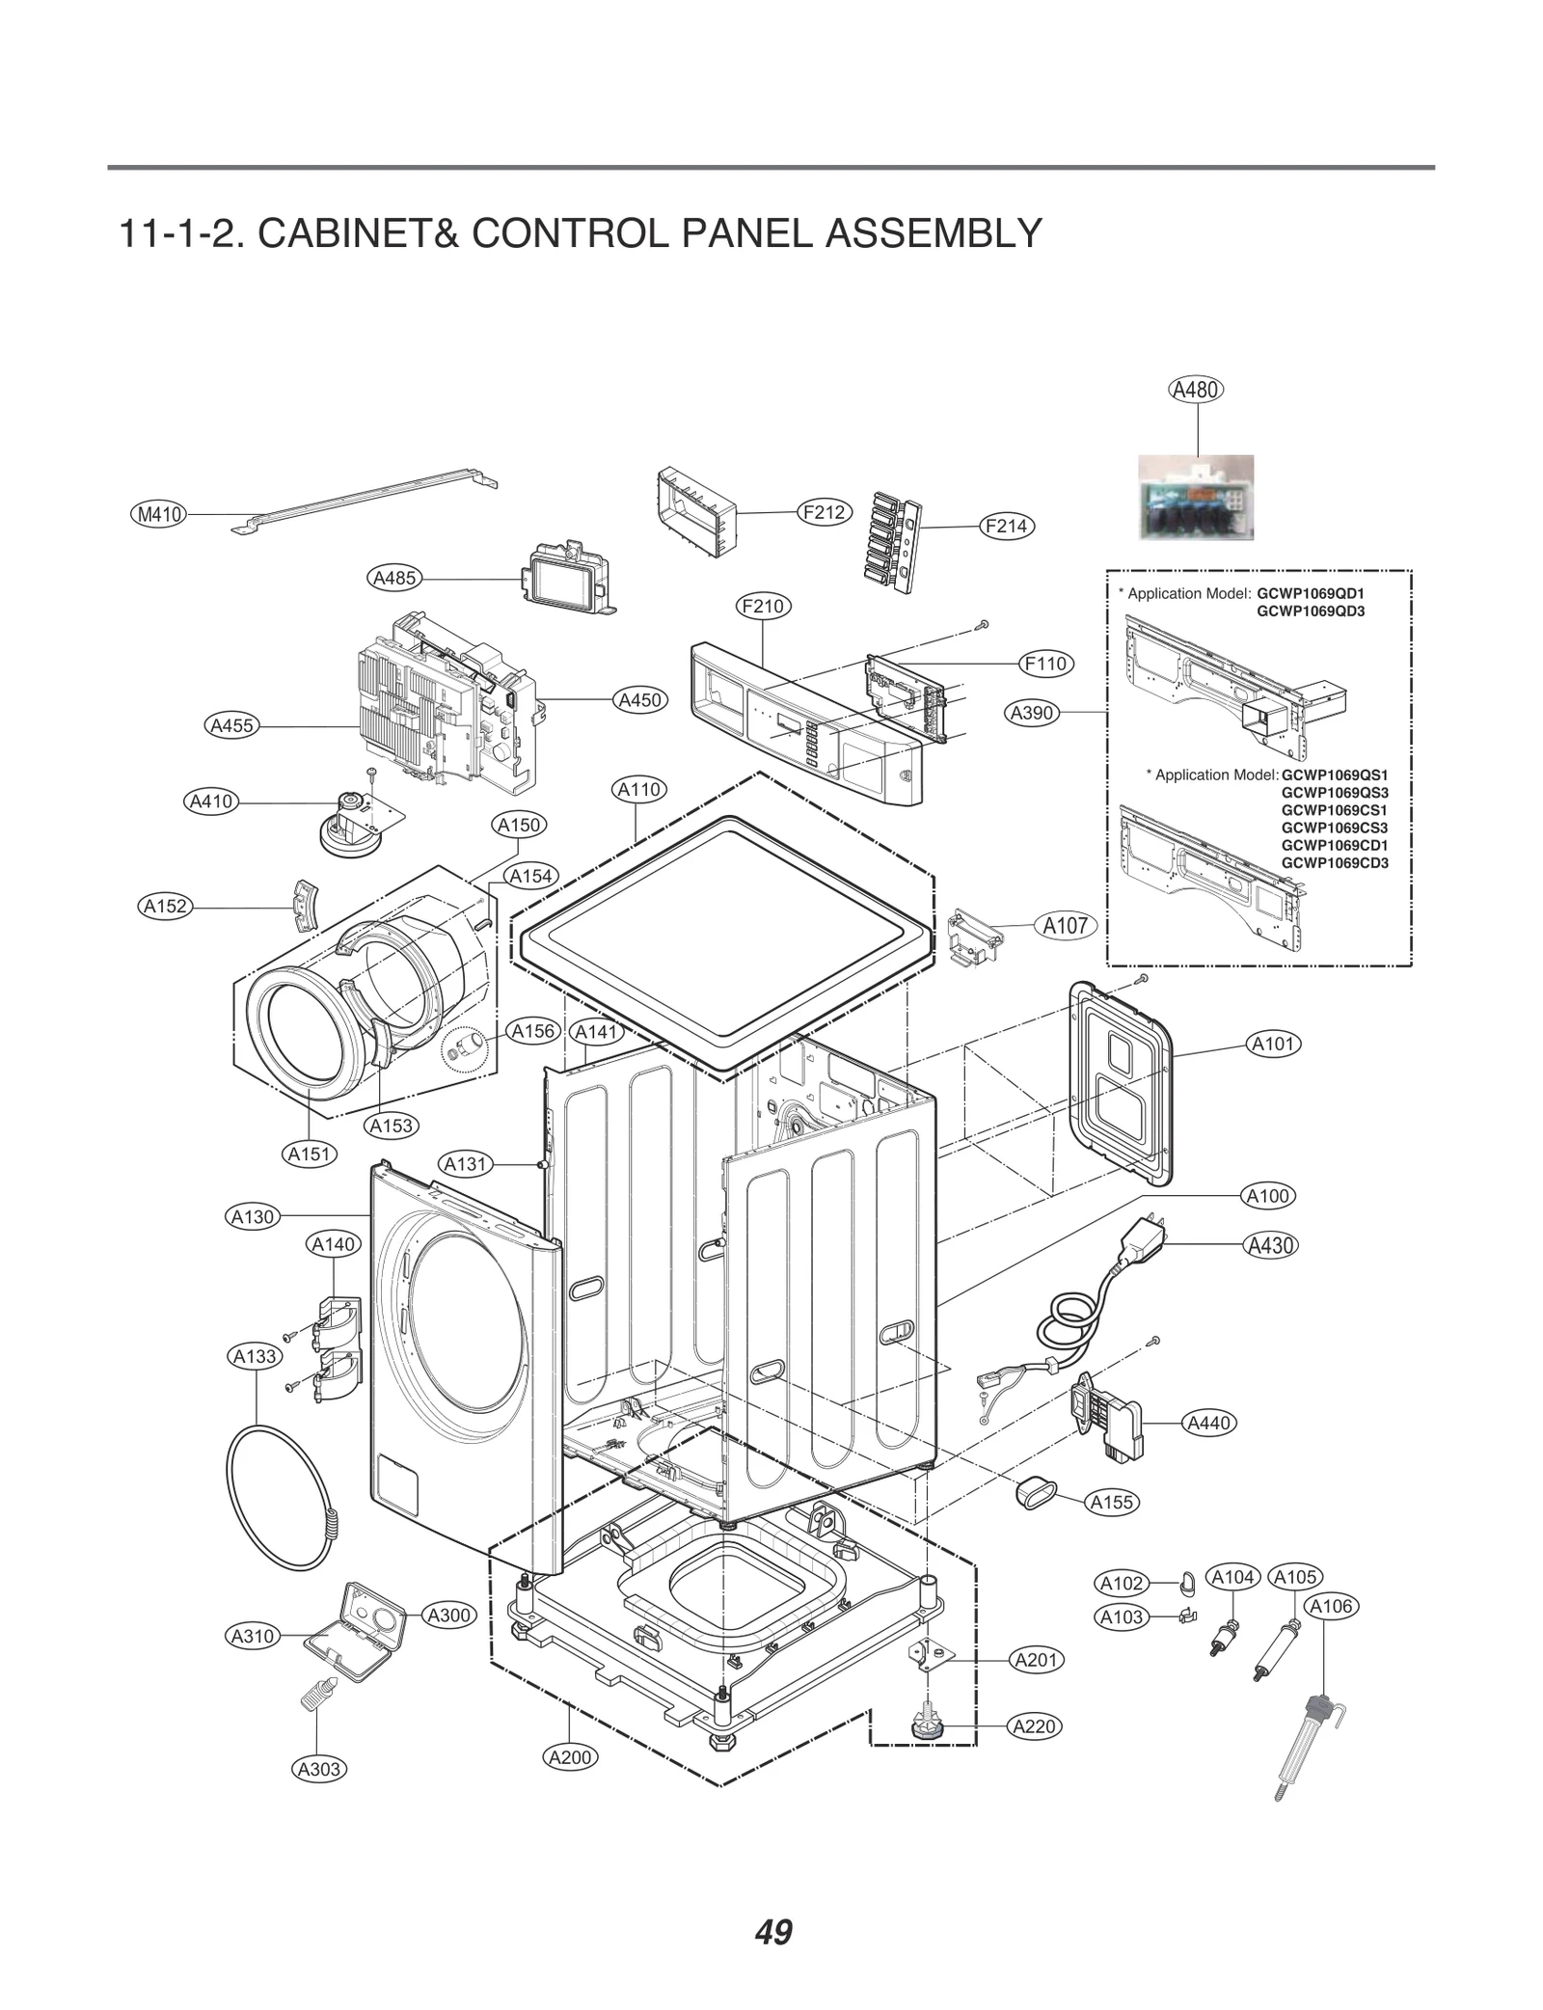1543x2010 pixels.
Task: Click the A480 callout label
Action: coord(1196,390)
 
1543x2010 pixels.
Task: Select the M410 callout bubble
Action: coord(159,514)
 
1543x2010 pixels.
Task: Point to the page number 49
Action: coord(773,1933)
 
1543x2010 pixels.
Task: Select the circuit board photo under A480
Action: coord(1196,497)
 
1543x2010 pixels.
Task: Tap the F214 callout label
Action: coord(1006,526)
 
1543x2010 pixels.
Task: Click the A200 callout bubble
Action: coord(570,1756)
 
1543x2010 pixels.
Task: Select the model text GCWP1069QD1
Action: coord(1311,593)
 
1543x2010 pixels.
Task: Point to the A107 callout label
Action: coord(1066,925)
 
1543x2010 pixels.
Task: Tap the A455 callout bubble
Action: coord(232,725)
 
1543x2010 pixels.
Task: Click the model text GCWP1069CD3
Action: coord(1335,863)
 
